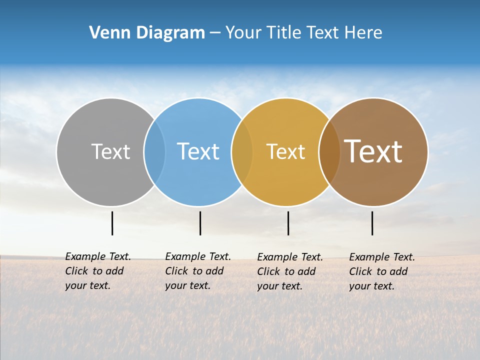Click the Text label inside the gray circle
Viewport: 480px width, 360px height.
click(x=110, y=151)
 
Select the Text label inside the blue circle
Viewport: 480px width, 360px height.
click(x=198, y=151)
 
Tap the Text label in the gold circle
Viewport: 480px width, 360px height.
click(x=285, y=152)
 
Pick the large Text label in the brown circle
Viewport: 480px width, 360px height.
click(x=373, y=151)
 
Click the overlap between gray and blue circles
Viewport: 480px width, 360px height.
click(x=154, y=151)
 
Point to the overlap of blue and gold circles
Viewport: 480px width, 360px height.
click(x=242, y=151)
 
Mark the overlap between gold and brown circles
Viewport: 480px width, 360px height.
click(x=329, y=151)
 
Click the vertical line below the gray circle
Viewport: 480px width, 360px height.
click(x=112, y=223)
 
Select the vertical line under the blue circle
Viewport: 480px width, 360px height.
click(x=200, y=223)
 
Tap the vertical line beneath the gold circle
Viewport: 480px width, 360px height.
click(x=288, y=223)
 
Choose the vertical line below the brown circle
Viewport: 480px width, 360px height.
click(x=372, y=223)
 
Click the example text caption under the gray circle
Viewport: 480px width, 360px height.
click(x=98, y=271)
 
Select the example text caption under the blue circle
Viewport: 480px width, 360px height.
click(x=198, y=271)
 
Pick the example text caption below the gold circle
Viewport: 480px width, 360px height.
click(x=290, y=271)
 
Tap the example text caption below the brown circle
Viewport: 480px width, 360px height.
click(x=382, y=271)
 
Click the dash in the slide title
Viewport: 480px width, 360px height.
click(x=215, y=33)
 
